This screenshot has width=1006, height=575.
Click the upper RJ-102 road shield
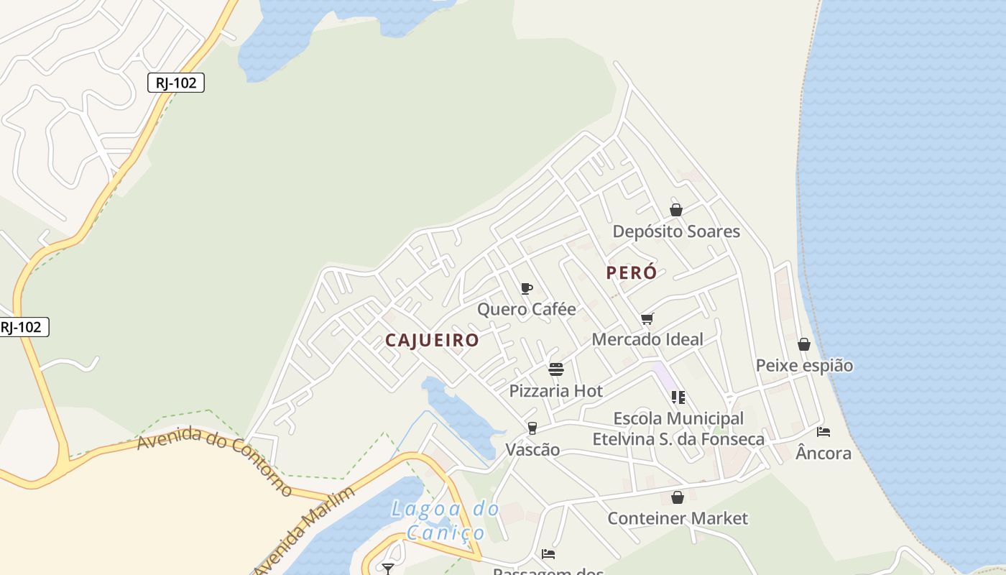coord(176,83)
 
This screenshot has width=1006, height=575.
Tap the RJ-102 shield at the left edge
coord(22,327)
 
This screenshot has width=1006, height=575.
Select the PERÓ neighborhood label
coord(632,273)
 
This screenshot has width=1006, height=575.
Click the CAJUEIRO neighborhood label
coord(432,340)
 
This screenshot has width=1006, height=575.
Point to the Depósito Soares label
coord(675,231)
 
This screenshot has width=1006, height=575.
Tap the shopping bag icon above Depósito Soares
coord(675,210)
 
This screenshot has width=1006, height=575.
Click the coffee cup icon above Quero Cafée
coord(527,289)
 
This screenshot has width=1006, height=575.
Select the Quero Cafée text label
coord(527,309)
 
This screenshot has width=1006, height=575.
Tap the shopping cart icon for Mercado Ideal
coord(647,318)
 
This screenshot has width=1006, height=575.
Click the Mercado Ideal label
coord(647,339)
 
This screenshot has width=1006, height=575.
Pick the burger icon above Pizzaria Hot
coord(556,369)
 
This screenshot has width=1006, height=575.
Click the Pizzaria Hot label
coord(556,391)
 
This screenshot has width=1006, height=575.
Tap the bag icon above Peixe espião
coord(804,344)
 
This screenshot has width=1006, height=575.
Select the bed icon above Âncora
coord(823,432)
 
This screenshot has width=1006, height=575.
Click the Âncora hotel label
coord(823,454)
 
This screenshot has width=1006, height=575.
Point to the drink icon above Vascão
coord(532,428)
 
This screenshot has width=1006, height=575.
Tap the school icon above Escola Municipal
coord(678,397)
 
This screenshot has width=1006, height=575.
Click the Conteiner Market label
coord(678,518)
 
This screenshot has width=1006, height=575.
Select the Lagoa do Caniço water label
coord(446,521)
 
